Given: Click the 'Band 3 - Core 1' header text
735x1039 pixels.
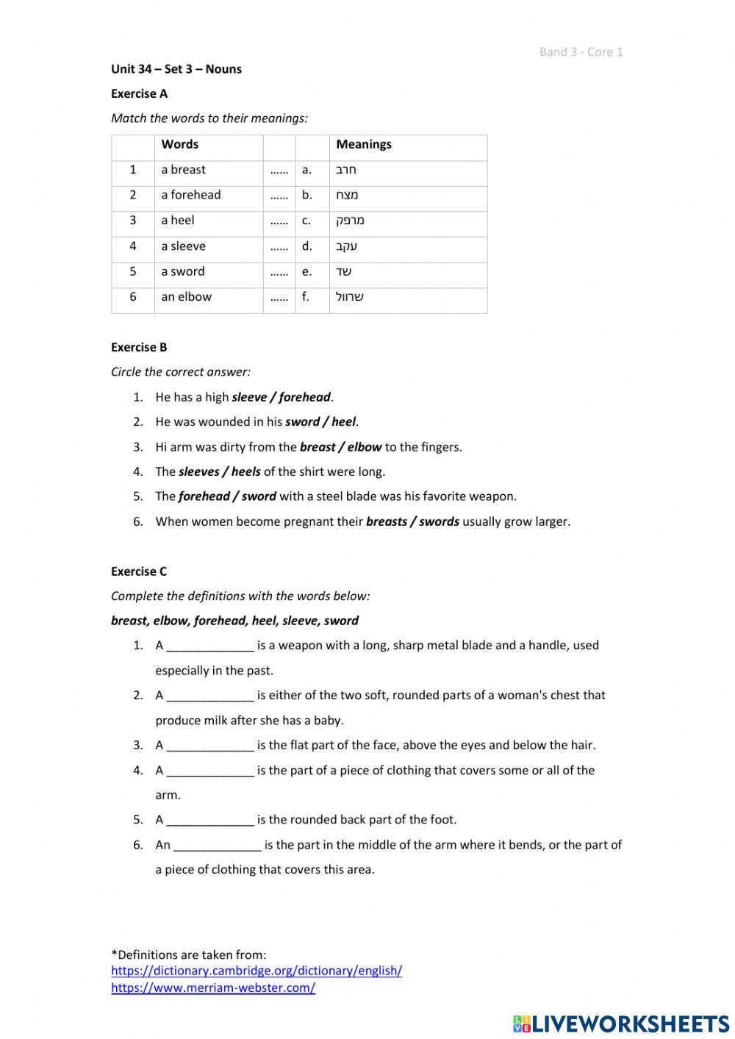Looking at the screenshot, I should pyautogui.click(x=581, y=51).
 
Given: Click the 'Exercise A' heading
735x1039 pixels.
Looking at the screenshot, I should pyautogui.click(x=139, y=93).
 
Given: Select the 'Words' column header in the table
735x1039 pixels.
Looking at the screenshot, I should pyautogui.click(x=180, y=144).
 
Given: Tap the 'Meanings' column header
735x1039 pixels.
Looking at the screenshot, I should pyautogui.click(x=364, y=144).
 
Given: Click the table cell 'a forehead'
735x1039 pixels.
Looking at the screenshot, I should pyautogui.click(x=191, y=195).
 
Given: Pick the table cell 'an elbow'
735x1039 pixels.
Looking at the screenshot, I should pyautogui.click(x=187, y=296).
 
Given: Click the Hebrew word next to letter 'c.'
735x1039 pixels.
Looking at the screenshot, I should pyautogui.click(x=350, y=220).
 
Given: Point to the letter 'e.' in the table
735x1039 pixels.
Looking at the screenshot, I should pyautogui.click(x=306, y=271).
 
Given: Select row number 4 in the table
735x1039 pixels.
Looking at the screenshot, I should pyautogui.click(x=133, y=246).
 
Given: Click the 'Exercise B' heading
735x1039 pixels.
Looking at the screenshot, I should pyautogui.click(x=139, y=347).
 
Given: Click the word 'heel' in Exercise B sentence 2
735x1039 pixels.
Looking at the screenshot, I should pyautogui.click(x=343, y=422).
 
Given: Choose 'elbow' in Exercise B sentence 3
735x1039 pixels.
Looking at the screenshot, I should pyautogui.click(x=365, y=446).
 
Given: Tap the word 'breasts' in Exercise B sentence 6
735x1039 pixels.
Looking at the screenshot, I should pyautogui.click(x=386, y=521).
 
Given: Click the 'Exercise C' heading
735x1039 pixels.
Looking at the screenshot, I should pyautogui.click(x=139, y=571).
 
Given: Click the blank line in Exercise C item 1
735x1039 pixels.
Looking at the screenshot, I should pyautogui.click(x=210, y=646).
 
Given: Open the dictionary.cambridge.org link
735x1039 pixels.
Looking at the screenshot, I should pyautogui.click(x=257, y=971).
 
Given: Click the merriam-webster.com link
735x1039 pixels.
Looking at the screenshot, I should pyautogui.click(x=213, y=988).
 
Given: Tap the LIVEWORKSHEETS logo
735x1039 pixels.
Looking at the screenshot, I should pyautogui.click(x=620, y=1023).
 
